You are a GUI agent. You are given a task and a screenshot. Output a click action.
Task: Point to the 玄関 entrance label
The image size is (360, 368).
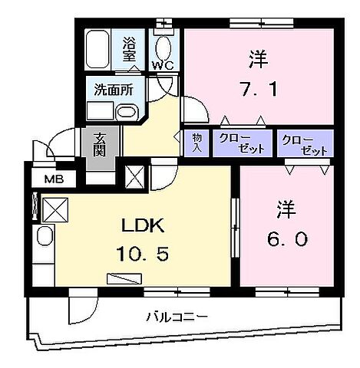(101, 143)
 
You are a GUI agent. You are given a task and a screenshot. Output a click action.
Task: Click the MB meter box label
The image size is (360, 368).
(52, 181)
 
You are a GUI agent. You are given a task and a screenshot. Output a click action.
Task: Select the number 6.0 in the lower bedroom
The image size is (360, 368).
(288, 239)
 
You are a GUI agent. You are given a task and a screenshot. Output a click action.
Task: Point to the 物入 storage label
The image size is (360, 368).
(197, 143)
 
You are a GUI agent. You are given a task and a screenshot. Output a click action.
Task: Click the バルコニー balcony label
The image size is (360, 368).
(178, 315)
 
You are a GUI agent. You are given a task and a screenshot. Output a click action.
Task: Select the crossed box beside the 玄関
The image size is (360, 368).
(134, 176)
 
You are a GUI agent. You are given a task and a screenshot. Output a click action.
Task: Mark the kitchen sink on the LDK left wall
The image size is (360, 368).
(44, 239)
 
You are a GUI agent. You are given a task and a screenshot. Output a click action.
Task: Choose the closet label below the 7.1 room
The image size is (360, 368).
(242, 143)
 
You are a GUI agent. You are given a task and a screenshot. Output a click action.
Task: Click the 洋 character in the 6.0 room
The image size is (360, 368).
(286, 207)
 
